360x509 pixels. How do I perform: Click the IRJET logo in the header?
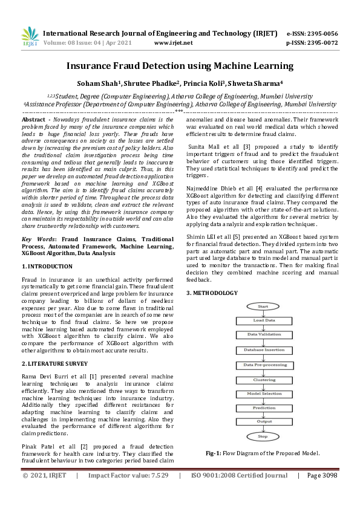tap(30, 38)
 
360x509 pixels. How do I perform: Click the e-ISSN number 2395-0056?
tap(320, 33)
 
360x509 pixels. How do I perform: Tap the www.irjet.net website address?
tap(174, 43)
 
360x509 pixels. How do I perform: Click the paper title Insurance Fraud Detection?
tap(180, 66)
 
